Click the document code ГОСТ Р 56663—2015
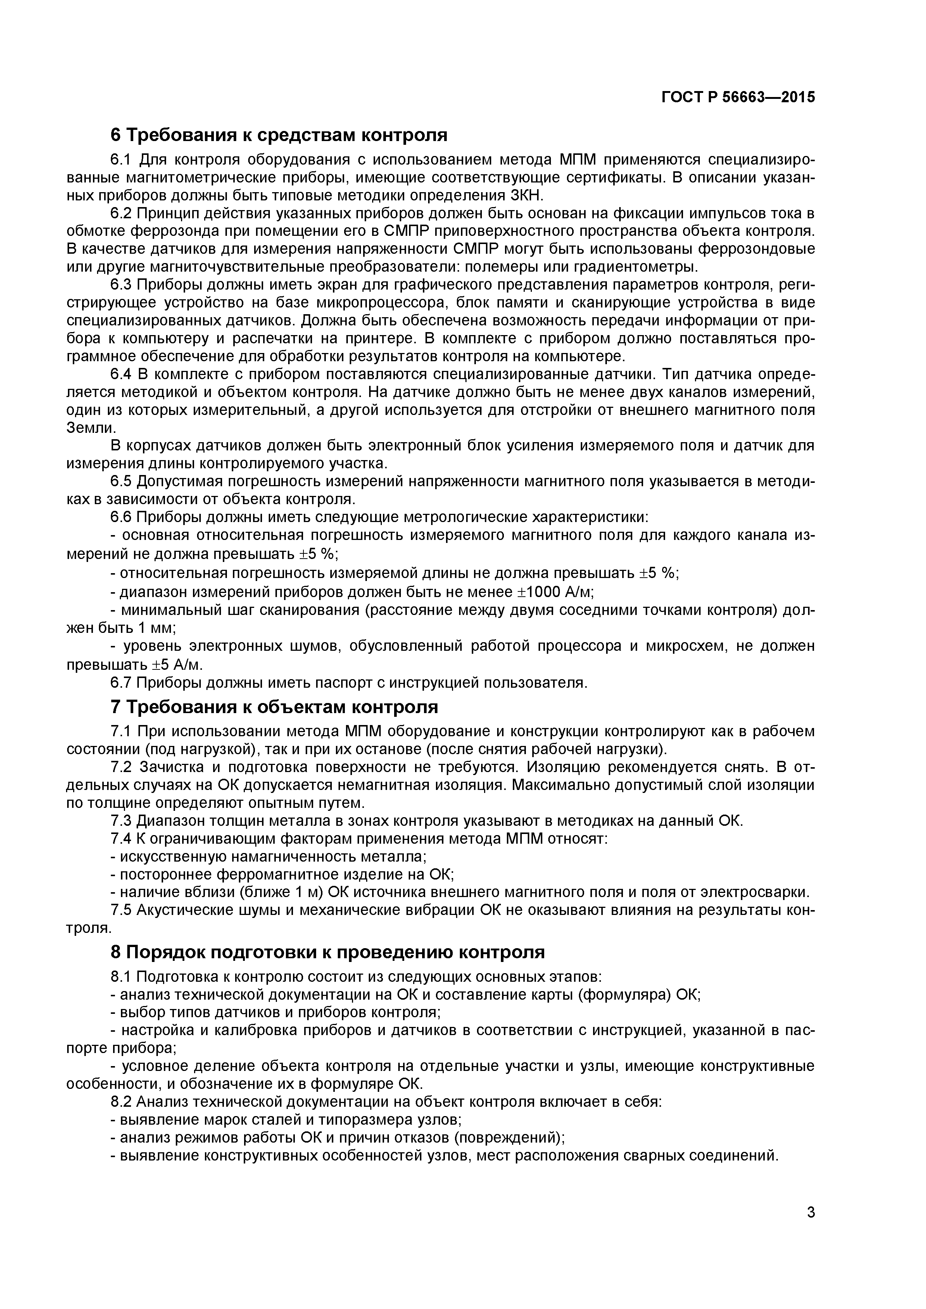pyautogui.click(x=738, y=97)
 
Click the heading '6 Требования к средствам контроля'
pyautogui.click(x=279, y=135)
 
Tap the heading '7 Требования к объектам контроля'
pyautogui.click(x=274, y=707)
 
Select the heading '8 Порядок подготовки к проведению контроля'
pyautogui.click(x=327, y=953)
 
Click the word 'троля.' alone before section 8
pyautogui.click(x=88, y=928)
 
